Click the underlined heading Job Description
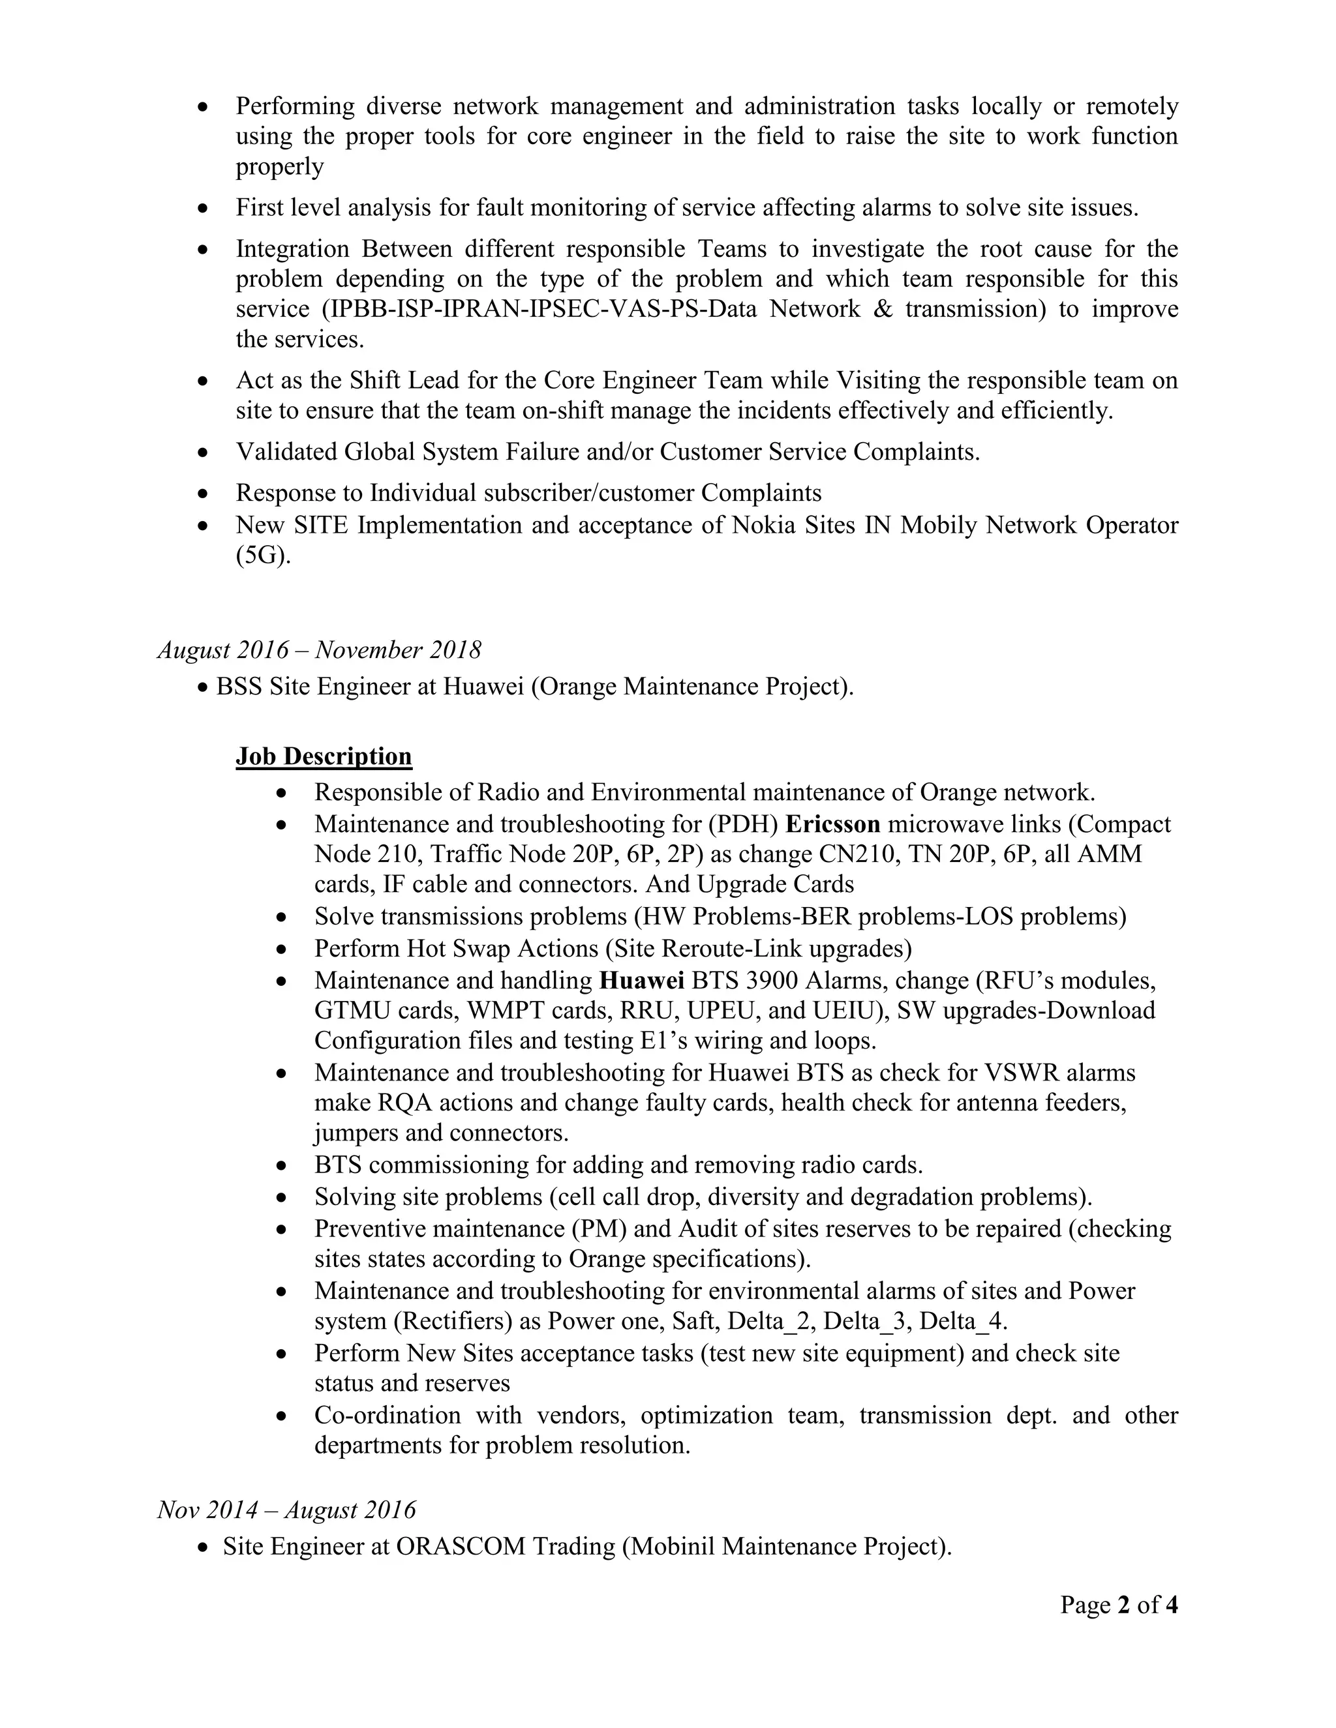coord(324,756)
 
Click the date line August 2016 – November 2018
coord(319,650)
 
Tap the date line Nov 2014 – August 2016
coord(286,1510)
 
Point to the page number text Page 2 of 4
coord(1118,1605)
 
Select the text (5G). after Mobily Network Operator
coord(264,556)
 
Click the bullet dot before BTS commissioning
coord(282,1165)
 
